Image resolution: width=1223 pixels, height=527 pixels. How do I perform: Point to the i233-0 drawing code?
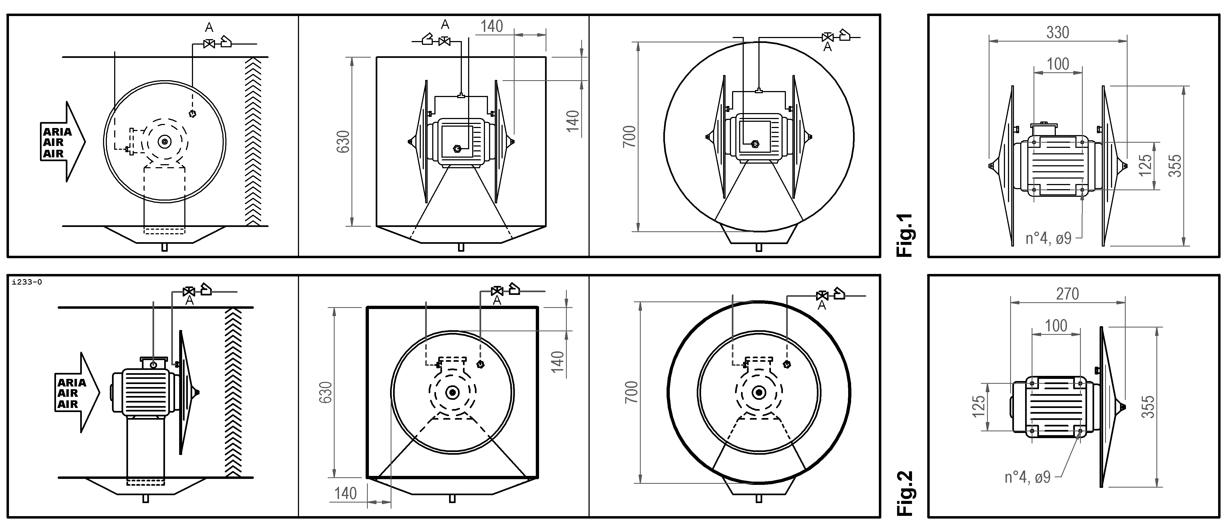point(27,282)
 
